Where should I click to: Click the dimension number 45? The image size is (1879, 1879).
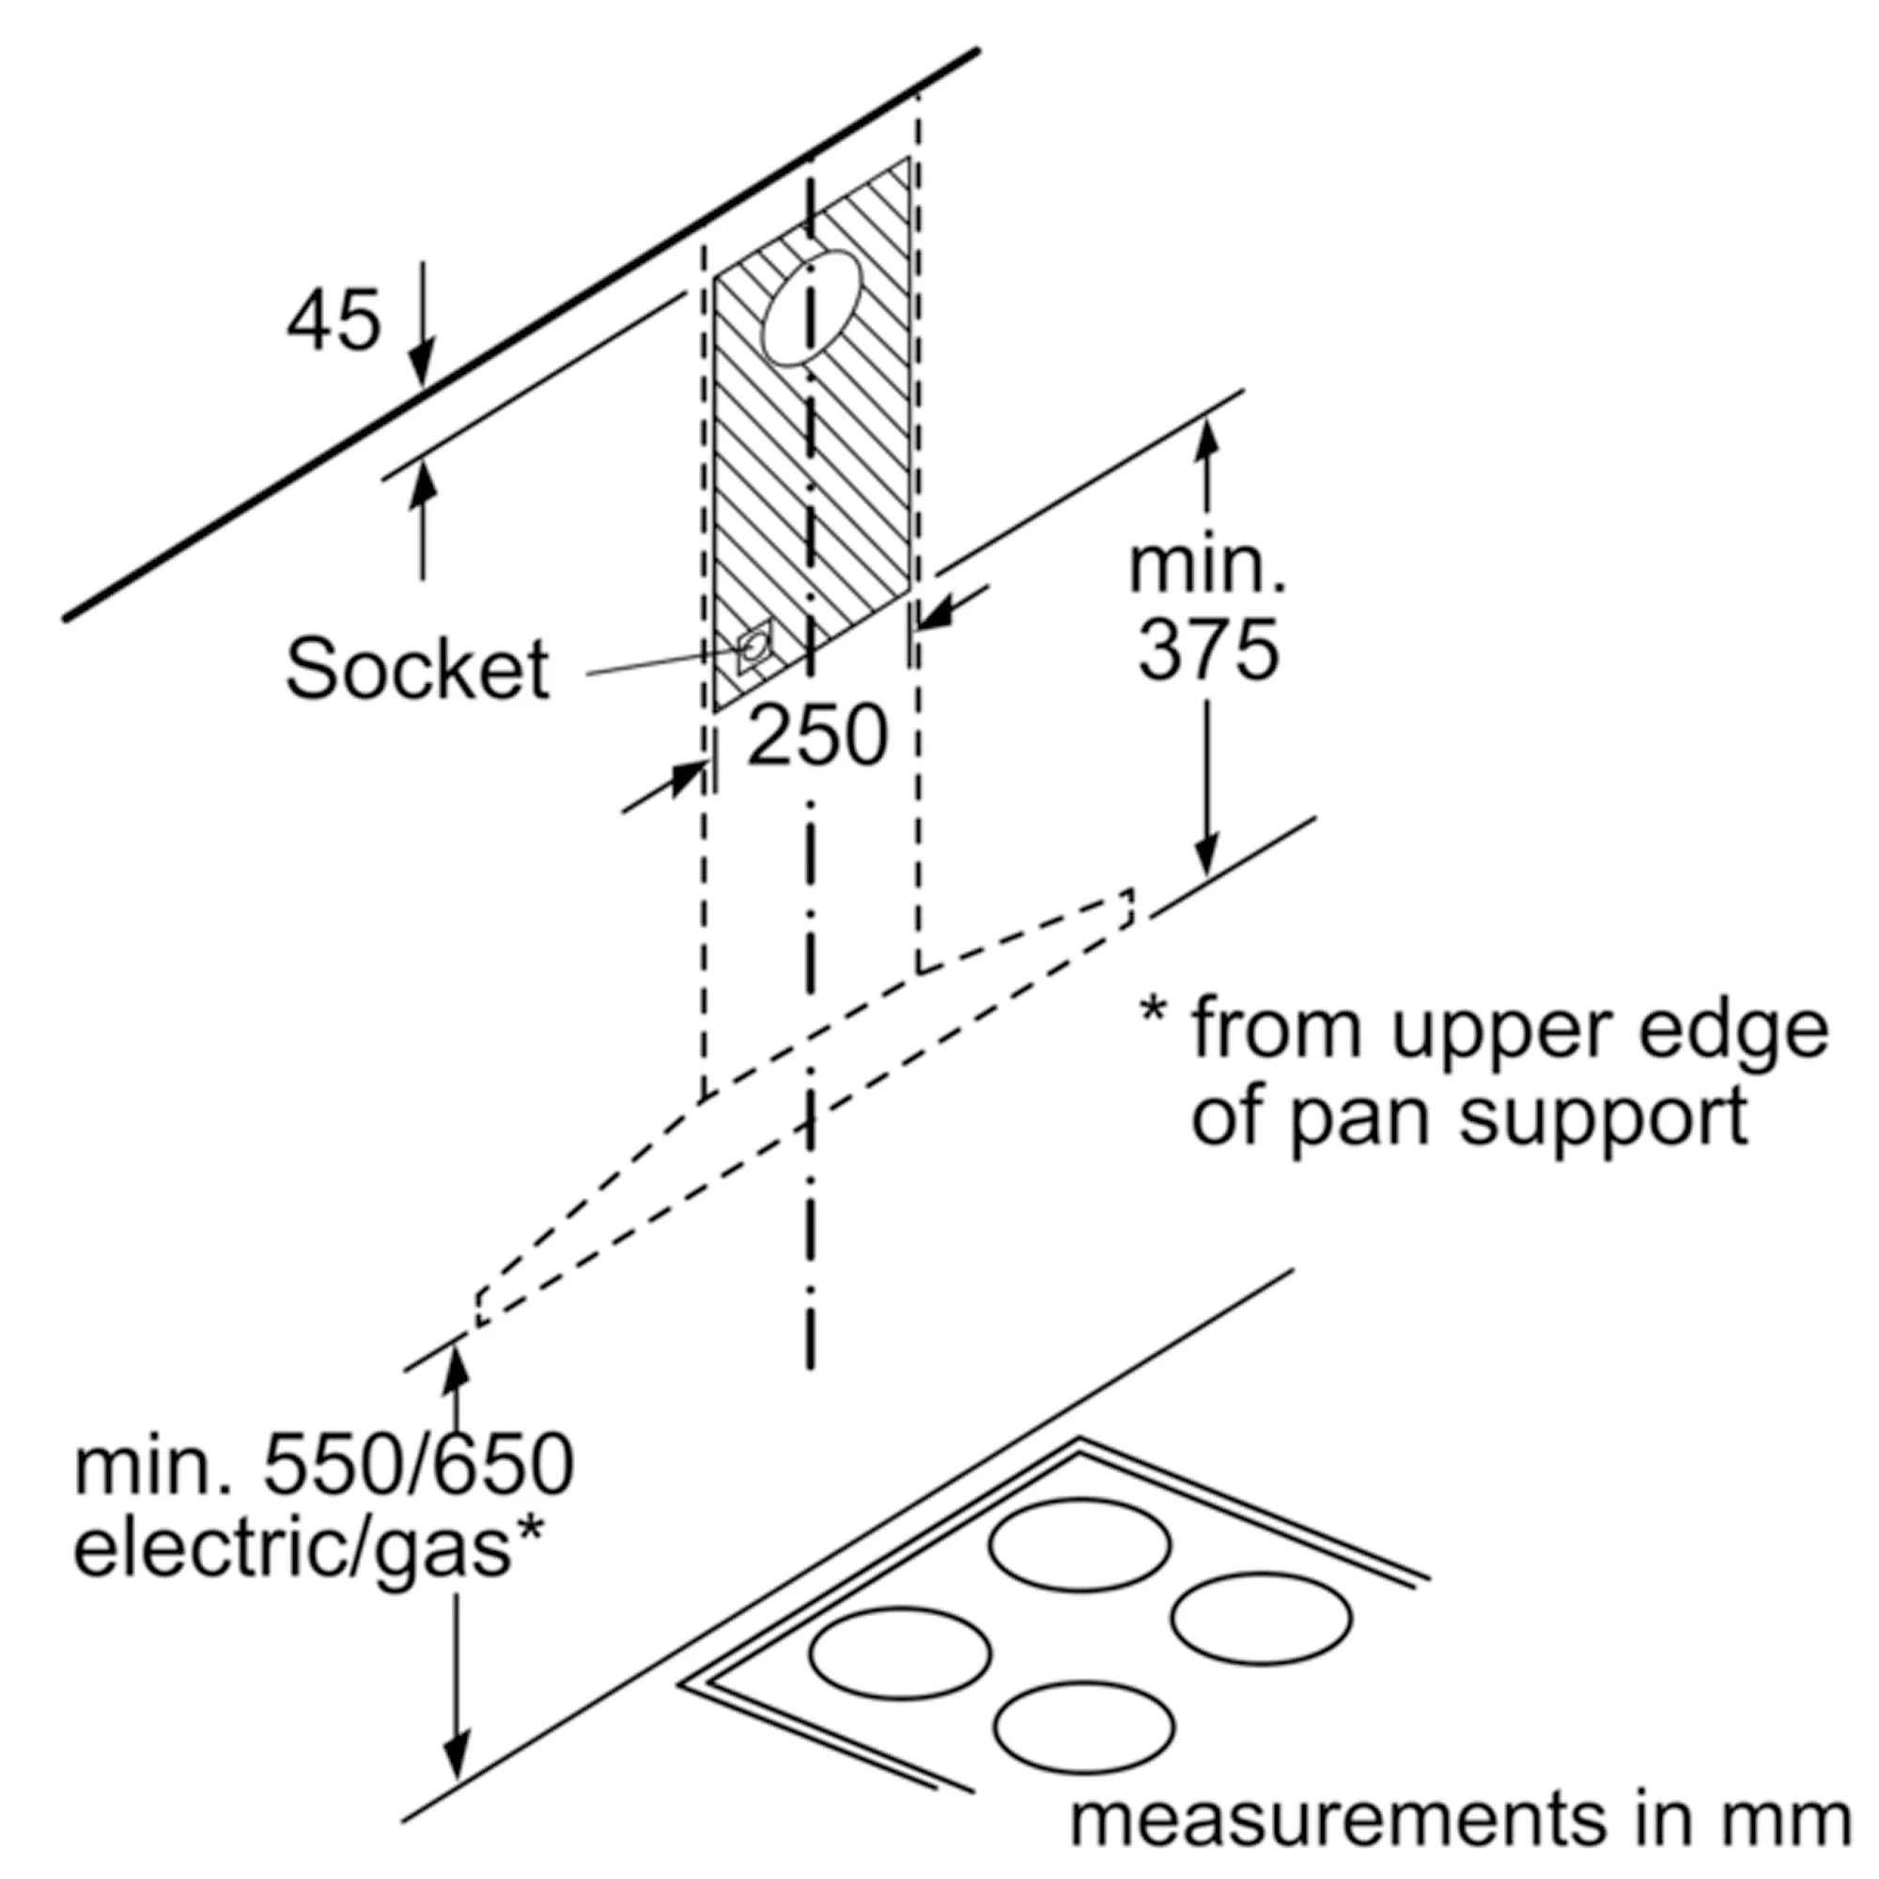coord(333,321)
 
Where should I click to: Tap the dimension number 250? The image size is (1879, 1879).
coord(817,737)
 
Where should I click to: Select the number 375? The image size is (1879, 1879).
coord(1208,650)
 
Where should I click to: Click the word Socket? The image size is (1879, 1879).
coord(417,669)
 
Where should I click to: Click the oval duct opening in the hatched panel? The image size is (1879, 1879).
coord(811,309)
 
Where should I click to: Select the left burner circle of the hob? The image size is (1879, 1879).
coord(900,1654)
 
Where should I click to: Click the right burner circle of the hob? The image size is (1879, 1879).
coord(1262,1618)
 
